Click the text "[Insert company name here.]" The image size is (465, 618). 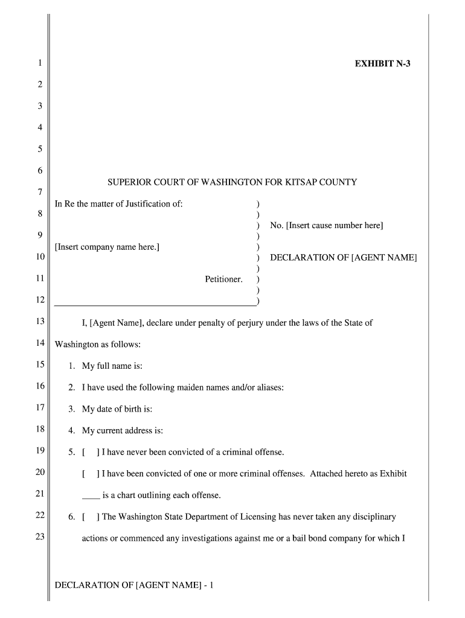coord(107,247)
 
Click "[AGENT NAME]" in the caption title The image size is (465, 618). coord(384,258)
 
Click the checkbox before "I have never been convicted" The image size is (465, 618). coord(91,452)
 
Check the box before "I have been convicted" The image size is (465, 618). coord(91,474)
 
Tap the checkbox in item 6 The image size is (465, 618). coord(91,517)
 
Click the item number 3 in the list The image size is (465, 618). coord(71,409)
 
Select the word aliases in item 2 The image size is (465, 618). coord(269,387)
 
